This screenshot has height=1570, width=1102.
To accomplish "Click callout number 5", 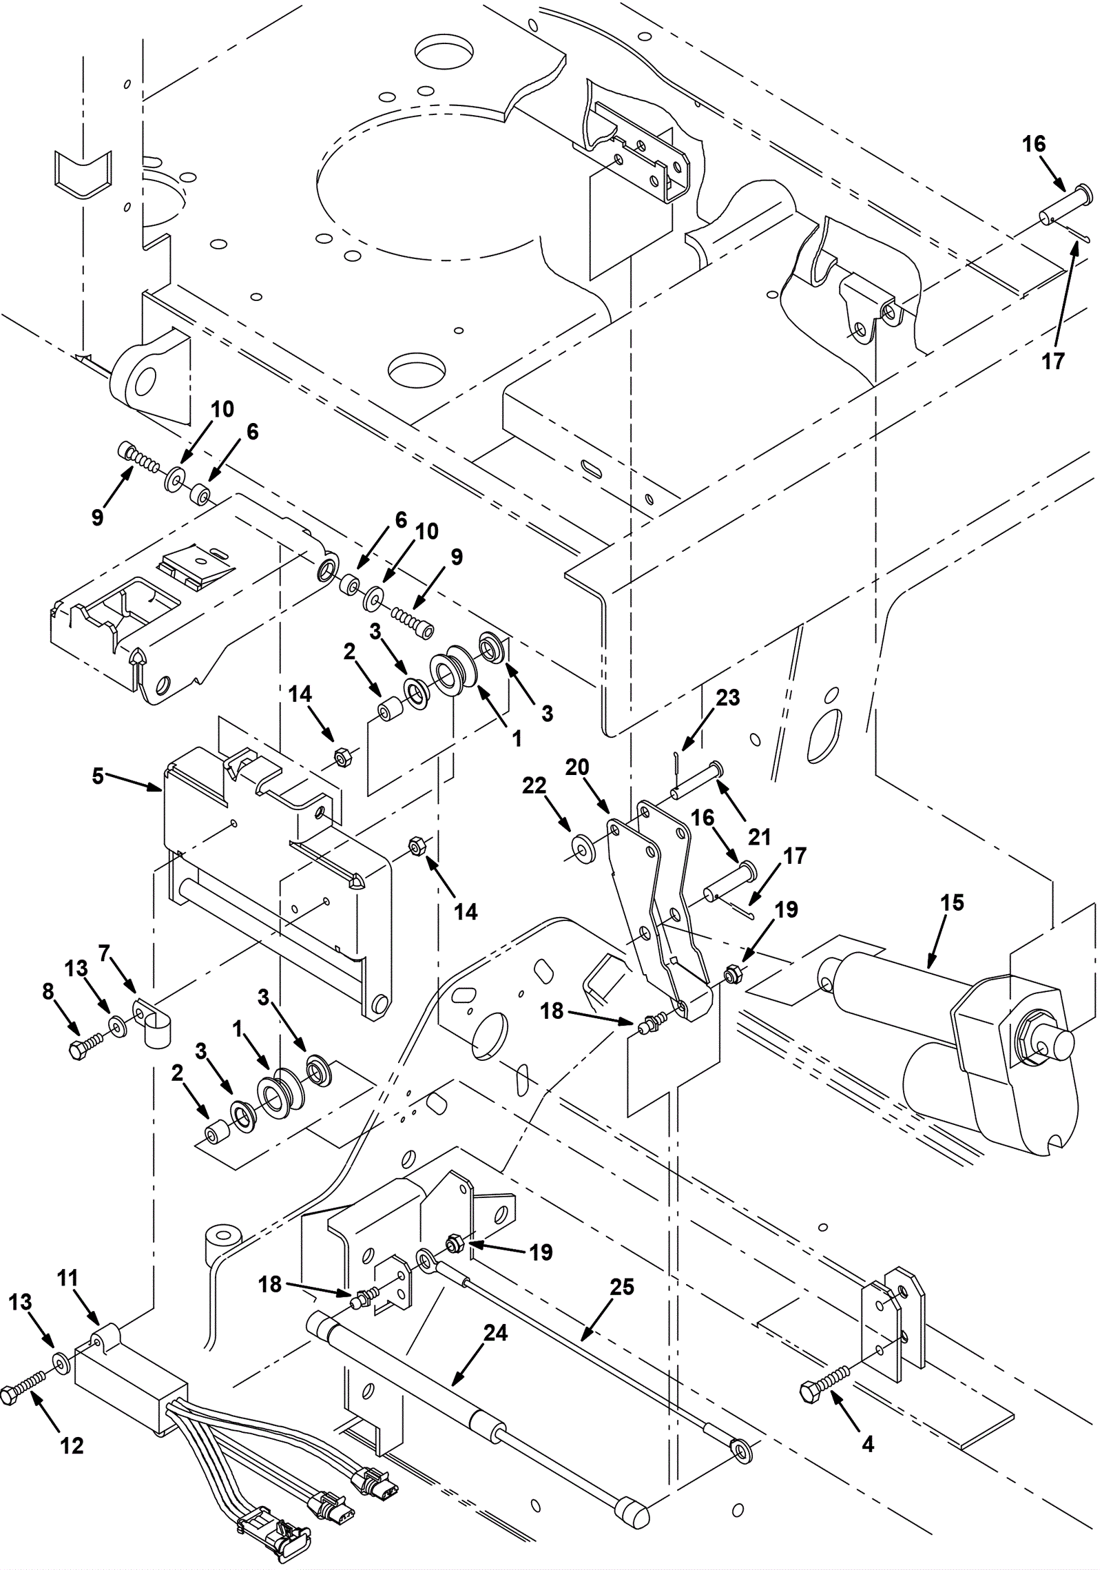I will [98, 776].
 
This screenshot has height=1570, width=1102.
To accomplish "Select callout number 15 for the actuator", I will [952, 902].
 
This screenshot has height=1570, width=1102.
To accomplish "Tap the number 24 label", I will [495, 1333].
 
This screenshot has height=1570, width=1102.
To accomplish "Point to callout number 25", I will [622, 1287].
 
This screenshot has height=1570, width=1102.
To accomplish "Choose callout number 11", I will [67, 1279].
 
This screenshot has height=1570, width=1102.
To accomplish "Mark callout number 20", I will [577, 767].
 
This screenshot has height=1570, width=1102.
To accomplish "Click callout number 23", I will [727, 697].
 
